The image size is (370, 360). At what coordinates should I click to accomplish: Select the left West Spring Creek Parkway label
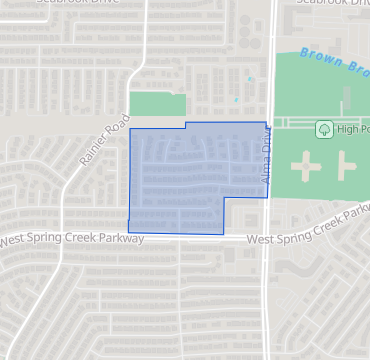(72, 240)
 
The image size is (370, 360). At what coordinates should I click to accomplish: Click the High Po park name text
(353, 129)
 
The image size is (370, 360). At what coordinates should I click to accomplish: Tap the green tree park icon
(324, 129)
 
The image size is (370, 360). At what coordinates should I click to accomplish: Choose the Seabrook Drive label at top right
(332, 3)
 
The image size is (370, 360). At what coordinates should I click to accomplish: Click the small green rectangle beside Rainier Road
(158, 104)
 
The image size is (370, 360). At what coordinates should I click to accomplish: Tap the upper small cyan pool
(249, 78)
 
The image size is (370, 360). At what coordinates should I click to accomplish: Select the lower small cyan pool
(236, 99)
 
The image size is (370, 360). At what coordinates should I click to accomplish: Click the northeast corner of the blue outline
(267, 123)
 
